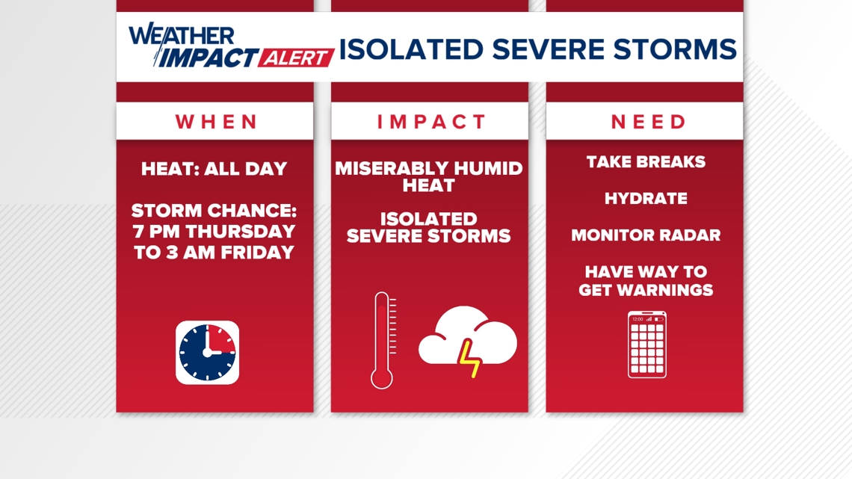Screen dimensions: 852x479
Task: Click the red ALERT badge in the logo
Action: click(296, 58)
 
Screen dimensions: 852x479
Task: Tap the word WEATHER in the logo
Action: click(182, 35)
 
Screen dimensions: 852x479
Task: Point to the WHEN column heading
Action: click(216, 122)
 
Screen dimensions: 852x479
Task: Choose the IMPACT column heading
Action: click(431, 122)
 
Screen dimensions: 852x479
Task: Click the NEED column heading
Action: click(649, 122)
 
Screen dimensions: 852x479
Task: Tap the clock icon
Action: click(207, 353)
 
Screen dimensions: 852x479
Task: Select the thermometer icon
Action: click(383, 341)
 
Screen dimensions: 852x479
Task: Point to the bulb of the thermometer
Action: click(381, 379)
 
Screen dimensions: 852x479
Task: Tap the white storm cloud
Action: click(467, 335)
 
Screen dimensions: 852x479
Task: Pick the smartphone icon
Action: click(646, 344)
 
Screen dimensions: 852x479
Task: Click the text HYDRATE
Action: click(646, 198)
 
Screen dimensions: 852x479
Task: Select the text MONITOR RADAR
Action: click(646, 235)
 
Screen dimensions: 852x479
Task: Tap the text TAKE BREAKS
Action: click(646, 162)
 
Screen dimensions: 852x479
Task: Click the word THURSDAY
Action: click(240, 232)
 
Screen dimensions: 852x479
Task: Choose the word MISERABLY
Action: click(392, 168)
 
